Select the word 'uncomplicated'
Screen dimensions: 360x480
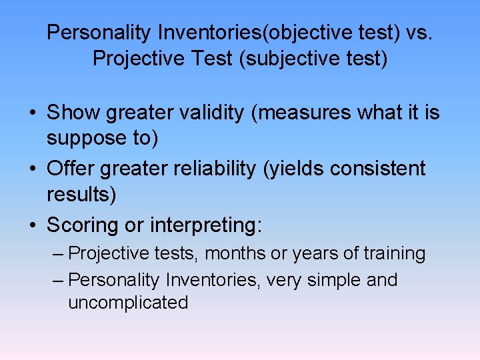128,303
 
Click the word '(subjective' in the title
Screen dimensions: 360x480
278,59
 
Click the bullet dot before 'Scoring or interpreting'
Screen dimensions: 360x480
32,226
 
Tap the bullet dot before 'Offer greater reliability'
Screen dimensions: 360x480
32,169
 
